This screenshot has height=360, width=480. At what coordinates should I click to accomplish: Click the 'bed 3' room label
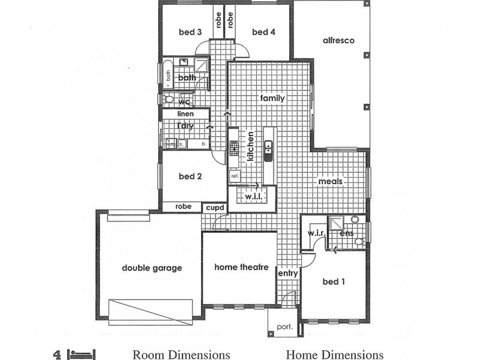pos(190,32)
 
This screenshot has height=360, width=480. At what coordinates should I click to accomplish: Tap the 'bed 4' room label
pos(263,32)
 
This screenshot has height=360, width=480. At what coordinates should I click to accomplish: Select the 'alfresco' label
pos(339,41)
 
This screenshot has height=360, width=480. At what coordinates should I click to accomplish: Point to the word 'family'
pos(272,98)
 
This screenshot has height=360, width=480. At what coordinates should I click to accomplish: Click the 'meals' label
pos(331,181)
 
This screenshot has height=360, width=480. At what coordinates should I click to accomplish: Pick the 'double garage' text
pos(152,268)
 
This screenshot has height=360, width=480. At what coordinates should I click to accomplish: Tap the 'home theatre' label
pos(241,268)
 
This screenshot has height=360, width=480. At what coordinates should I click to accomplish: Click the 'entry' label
pos(288,274)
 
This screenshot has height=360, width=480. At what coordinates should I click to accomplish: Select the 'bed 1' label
pos(334,281)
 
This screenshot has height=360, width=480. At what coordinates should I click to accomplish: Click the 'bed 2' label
pos(190,176)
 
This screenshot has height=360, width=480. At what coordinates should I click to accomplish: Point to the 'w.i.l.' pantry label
pos(251,196)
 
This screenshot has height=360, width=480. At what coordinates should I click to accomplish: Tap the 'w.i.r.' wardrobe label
pos(316,232)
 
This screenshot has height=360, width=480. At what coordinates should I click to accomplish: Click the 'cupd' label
pos(215,208)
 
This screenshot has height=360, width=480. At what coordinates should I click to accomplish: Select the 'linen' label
pos(185,113)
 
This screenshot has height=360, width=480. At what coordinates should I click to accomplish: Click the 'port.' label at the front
pos(284,327)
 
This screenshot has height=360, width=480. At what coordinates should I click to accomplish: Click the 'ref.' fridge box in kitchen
pos(235,176)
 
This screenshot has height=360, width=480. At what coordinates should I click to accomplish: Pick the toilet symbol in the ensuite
pos(359,241)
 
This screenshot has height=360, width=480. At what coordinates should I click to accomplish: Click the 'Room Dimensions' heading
pos(181,355)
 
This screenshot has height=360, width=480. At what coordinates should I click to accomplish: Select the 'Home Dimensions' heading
pos(335,355)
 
